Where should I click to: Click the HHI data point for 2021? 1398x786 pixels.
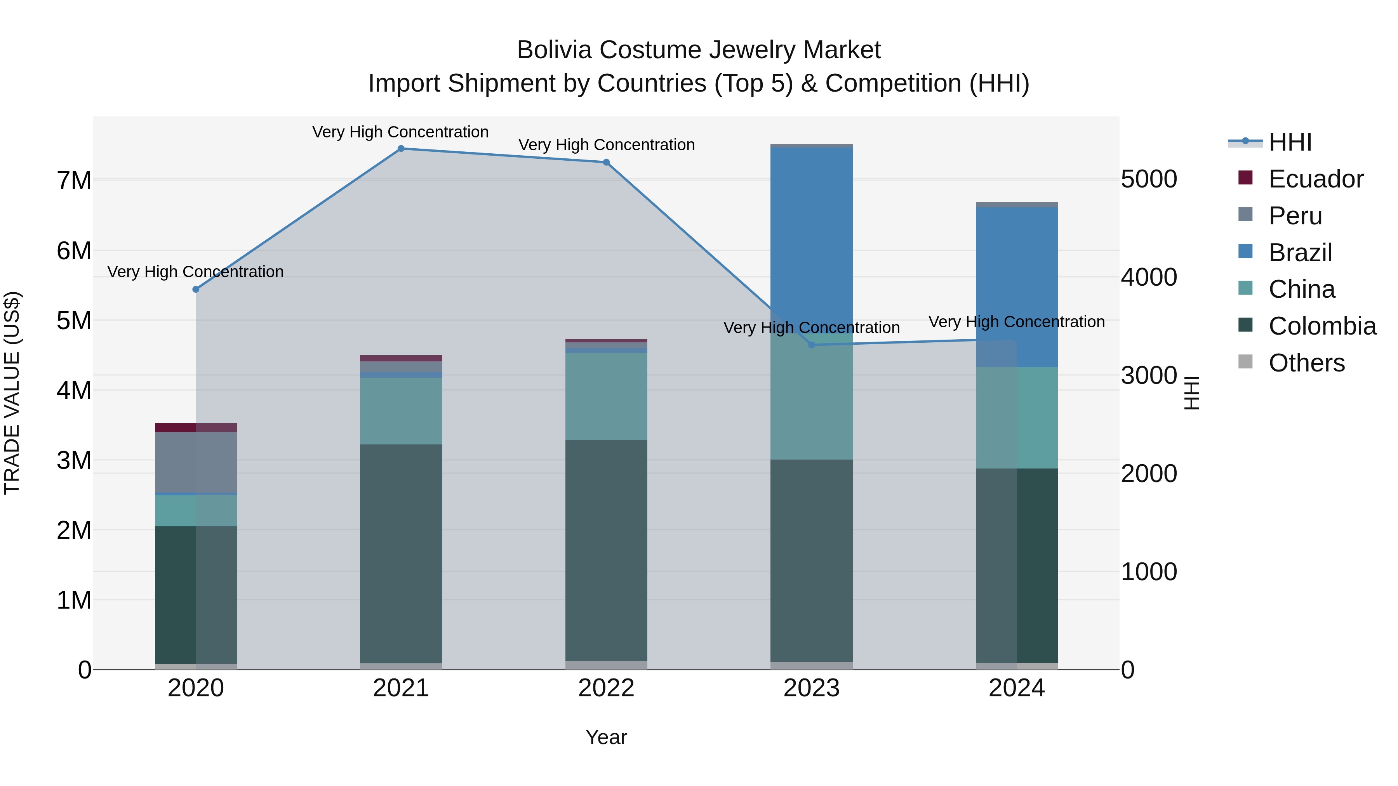401,149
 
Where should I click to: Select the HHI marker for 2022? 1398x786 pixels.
606,162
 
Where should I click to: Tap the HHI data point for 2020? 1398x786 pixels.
196,290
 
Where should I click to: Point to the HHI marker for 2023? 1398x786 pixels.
811,345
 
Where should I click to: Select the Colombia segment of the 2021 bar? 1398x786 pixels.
401,553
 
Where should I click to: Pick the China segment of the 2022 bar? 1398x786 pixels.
606,396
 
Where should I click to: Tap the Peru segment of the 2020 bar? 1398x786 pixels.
196,462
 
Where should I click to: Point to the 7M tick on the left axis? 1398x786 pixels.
74,180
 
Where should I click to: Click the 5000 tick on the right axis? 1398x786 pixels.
1149,180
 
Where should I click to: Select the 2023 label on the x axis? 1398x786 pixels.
811,688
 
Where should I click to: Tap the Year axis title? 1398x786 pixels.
606,737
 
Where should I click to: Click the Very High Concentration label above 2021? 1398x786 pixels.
400,132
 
